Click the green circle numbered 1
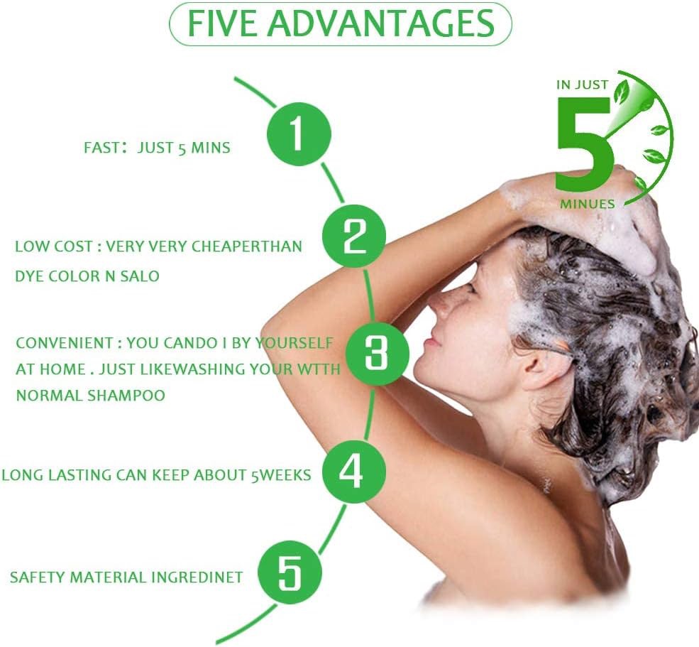point(299,134)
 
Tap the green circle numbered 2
point(354,236)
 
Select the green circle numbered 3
point(377,353)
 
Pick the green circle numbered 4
point(354,471)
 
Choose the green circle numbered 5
point(290,573)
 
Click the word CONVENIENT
point(65,343)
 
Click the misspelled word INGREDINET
point(197,577)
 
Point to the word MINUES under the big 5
point(588,205)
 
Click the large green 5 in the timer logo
point(585,144)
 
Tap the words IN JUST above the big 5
point(582,85)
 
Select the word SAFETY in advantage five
point(38,577)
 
